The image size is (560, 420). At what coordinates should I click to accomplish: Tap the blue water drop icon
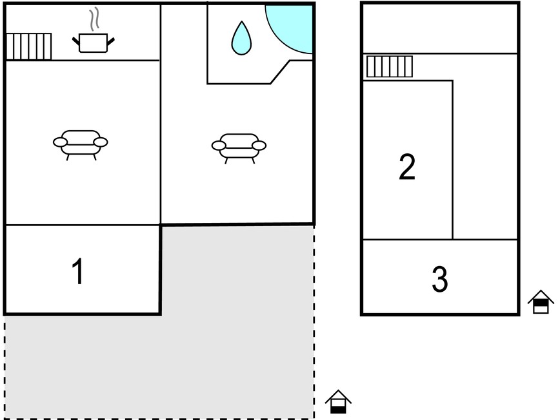(x=241, y=38)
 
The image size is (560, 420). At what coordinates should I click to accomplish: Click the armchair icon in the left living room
(x=81, y=145)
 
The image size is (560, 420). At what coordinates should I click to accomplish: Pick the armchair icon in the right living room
(x=239, y=148)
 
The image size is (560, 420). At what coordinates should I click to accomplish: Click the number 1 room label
(x=77, y=271)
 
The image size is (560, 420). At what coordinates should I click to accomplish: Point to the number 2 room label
(x=407, y=166)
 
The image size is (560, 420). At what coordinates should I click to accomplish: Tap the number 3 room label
(x=439, y=279)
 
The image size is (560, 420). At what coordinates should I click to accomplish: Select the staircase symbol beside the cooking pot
(x=29, y=46)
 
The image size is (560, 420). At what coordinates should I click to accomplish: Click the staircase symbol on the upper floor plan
(x=390, y=66)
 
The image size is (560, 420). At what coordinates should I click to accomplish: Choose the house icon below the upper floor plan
(x=541, y=301)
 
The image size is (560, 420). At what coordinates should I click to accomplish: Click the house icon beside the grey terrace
(x=338, y=402)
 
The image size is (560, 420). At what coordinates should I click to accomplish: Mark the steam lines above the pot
(x=94, y=20)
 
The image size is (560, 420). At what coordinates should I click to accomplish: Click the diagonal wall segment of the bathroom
(x=280, y=72)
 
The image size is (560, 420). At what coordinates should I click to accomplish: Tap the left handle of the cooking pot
(x=76, y=41)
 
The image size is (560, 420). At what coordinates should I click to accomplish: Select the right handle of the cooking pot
(x=111, y=41)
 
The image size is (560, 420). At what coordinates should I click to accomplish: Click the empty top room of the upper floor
(x=440, y=28)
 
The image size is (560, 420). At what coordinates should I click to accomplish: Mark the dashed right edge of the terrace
(x=314, y=322)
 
